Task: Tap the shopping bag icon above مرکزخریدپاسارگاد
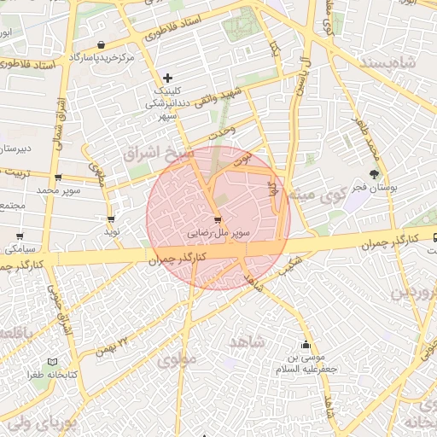click(102, 45)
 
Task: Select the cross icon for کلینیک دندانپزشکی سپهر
click(167, 79)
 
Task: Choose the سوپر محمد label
click(57, 189)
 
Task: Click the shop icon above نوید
click(111, 218)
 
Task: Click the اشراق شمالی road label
click(59, 119)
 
